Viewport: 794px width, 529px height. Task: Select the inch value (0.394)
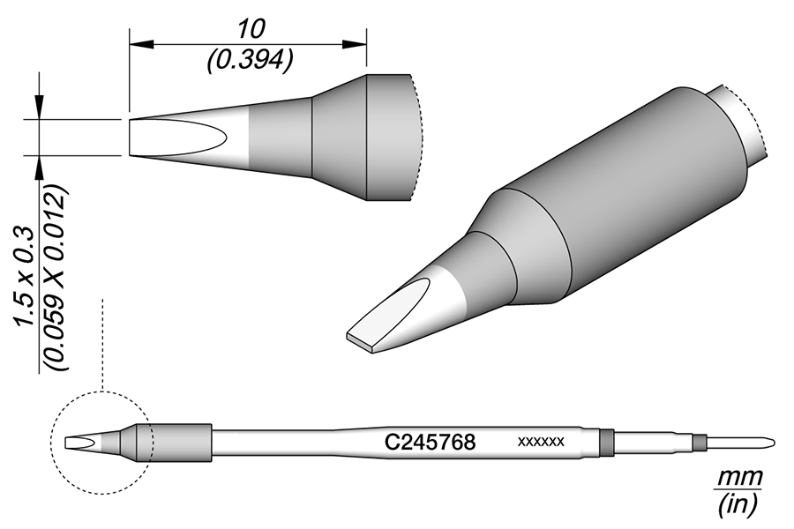pos(250,59)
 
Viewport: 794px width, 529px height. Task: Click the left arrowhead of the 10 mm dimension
pos(139,41)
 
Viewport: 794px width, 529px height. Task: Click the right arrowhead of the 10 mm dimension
pos(357,41)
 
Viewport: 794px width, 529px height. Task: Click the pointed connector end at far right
pos(769,442)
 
